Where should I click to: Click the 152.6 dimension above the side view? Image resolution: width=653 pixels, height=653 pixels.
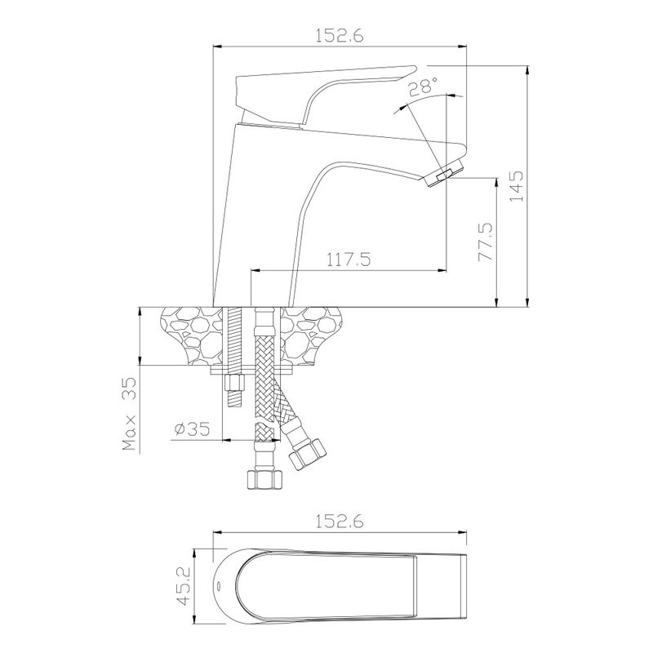339,35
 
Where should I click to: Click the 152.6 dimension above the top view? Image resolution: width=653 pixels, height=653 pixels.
339,521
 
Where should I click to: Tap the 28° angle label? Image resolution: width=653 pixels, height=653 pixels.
422,87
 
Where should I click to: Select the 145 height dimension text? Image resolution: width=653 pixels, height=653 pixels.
517,186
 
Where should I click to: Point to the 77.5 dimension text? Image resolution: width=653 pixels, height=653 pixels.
485,242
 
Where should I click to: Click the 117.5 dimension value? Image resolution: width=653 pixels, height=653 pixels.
348,260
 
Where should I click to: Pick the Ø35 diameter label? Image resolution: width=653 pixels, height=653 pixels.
193,429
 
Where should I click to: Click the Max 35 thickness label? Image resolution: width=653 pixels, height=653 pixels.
130,414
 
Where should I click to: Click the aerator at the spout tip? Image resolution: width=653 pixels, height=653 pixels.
443,172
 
